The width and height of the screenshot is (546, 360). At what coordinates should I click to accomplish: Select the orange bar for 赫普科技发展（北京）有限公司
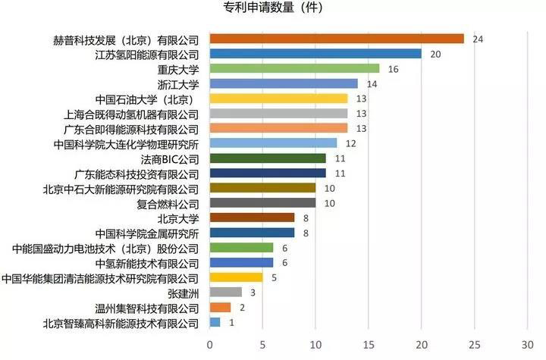click(x=336, y=39)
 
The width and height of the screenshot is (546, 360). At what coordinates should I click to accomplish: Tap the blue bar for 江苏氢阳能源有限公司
click(x=315, y=54)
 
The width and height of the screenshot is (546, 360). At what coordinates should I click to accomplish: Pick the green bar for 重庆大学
click(x=293, y=69)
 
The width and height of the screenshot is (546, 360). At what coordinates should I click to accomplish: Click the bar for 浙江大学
click(x=283, y=83)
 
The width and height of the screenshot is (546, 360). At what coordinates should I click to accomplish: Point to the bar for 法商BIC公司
click(x=267, y=158)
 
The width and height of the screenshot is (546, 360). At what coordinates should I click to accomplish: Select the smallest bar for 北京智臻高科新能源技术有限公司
click(x=215, y=322)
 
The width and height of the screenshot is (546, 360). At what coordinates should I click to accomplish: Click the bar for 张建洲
click(x=225, y=293)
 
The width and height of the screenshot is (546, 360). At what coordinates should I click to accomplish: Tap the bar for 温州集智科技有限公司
click(x=220, y=307)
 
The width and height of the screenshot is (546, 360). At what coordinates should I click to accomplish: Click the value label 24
click(x=477, y=39)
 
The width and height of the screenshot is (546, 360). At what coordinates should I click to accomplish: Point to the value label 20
click(x=435, y=54)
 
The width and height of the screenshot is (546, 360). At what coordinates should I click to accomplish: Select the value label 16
click(x=392, y=69)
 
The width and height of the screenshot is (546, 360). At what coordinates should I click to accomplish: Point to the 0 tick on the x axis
click(x=209, y=344)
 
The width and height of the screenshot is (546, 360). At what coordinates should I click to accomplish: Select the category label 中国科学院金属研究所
click(x=147, y=233)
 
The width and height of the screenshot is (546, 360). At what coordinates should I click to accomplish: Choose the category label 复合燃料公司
click(x=168, y=203)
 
